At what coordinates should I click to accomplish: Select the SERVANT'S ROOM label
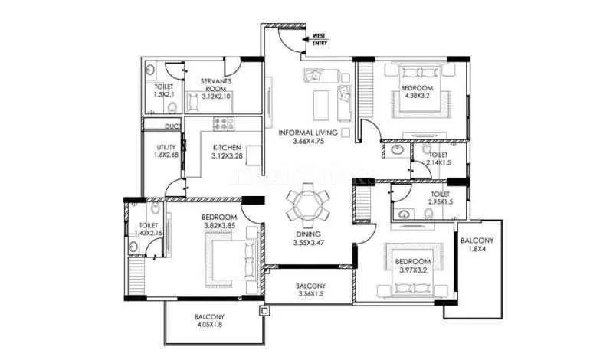(217, 87)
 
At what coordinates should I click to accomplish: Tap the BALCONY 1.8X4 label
(477, 245)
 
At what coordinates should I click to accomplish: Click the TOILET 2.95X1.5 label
(439, 199)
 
